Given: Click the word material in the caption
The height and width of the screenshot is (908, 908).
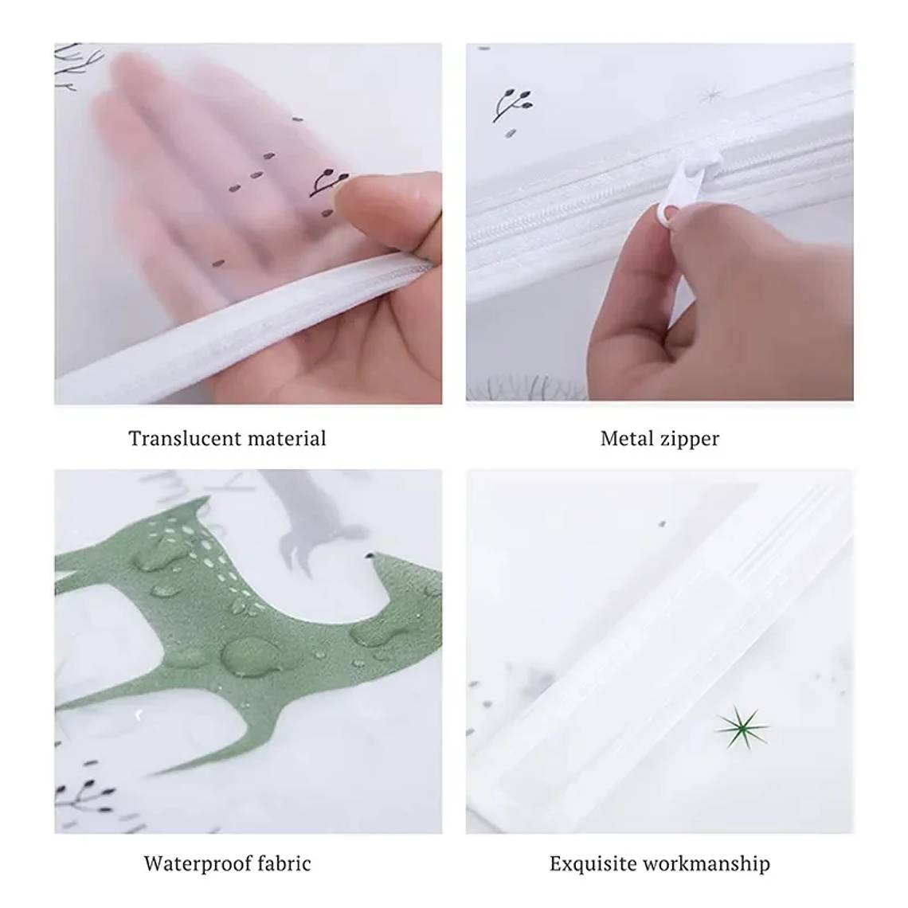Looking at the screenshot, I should (x=287, y=438).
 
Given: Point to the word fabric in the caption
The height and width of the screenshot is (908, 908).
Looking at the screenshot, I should (x=284, y=863).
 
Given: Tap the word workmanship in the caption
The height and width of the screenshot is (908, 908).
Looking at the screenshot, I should (x=710, y=864).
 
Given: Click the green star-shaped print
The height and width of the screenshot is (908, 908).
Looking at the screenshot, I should (x=742, y=726).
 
